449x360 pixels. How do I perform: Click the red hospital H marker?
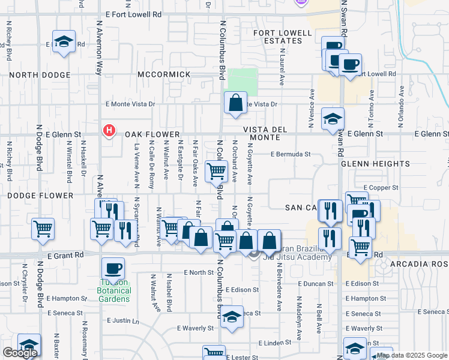tap(109, 130)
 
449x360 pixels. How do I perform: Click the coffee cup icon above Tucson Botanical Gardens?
tap(113, 268)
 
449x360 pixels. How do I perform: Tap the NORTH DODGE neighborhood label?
tap(40, 75)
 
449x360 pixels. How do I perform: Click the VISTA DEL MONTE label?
tap(270, 134)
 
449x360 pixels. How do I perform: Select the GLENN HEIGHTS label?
tap(367, 163)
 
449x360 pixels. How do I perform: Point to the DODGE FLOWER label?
tap(40, 196)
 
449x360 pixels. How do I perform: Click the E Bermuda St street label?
tap(291, 154)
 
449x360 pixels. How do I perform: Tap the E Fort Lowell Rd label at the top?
tap(133, 13)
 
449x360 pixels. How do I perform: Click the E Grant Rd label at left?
tap(64, 255)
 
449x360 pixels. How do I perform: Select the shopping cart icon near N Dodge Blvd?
tap(43, 229)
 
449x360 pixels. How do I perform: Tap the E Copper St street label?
tap(381, 188)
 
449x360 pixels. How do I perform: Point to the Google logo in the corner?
tap(20, 353)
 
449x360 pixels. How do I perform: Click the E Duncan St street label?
tap(314, 284)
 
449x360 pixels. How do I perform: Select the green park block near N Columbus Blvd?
tap(243, 82)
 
